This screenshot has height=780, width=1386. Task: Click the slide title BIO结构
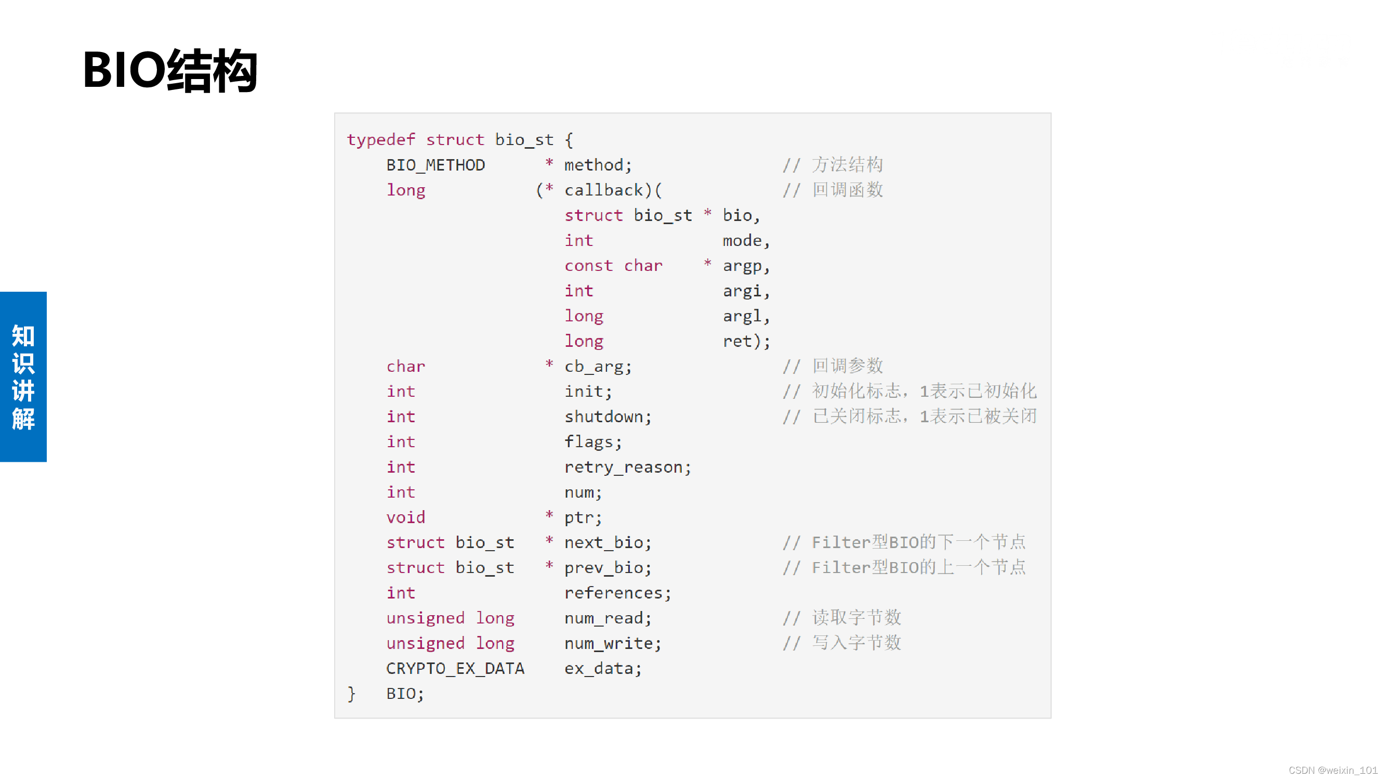tap(170, 70)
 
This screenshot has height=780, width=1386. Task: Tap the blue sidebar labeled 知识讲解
tap(23, 376)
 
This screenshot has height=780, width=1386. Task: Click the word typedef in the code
tap(381, 140)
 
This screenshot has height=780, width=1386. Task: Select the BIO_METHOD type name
tap(435, 165)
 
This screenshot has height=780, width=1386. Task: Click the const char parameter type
tap(613, 266)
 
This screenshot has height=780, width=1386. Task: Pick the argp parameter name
tap(742, 266)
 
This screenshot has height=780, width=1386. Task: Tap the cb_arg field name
tap(593, 367)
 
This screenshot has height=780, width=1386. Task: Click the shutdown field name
tap(603, 417)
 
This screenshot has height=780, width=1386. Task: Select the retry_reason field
tap(623, 467)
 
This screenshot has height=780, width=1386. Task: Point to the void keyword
tap(406, 517)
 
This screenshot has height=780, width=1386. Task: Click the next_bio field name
tap(603, 542)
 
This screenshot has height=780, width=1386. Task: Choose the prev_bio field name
tap(603, 568)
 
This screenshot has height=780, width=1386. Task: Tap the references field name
tap(613, 593)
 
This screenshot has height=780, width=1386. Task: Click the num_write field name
tap(608, 643)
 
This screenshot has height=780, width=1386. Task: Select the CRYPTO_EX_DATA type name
tap(455, 669)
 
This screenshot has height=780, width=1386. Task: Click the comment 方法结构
tap(848, 165)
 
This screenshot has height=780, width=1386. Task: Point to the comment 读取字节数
tap(856, 617)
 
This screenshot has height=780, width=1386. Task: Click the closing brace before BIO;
tap(351, 694)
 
